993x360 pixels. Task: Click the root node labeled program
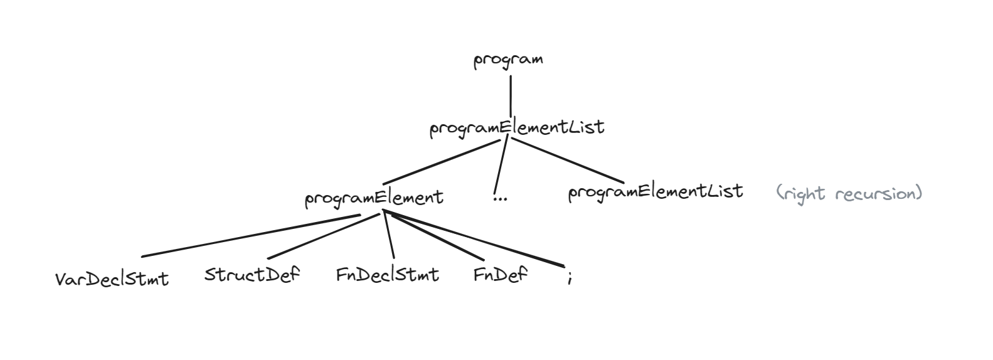pos(508,60)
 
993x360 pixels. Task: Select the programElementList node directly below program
pos(517,128)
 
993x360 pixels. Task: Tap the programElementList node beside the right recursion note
pos(656,191)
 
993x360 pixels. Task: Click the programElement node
pos(374,198)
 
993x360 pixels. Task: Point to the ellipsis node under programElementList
pos(501,199)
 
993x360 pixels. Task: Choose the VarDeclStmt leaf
pos(112,278)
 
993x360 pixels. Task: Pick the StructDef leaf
pos(252,275)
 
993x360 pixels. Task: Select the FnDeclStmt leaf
pos(388,275)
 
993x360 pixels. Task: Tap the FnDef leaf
pos(501,275)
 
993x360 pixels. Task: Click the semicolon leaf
pos(569,278)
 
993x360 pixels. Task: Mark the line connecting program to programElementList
pos(511,96)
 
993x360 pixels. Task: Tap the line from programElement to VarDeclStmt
pos(251,236)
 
